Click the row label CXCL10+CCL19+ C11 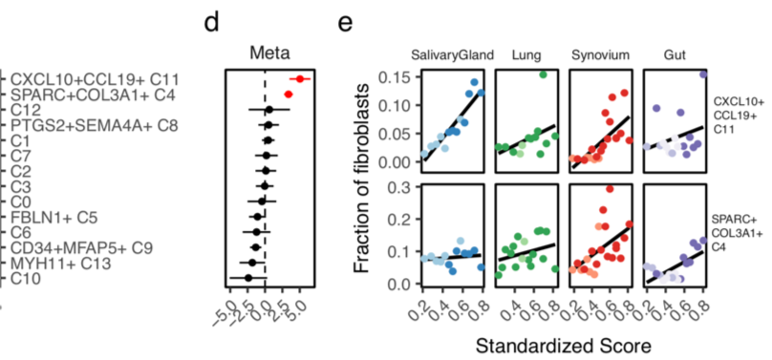[x=96, y=78]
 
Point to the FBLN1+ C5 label [x=51, y=217]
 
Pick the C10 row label [x=26, y=278]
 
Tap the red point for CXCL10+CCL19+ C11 [x=300, y=79]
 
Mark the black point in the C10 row [x=248, y=278]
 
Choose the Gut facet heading [x=674, y=54]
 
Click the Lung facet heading [x=526, y=54]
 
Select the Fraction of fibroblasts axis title [x=364, y=178]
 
